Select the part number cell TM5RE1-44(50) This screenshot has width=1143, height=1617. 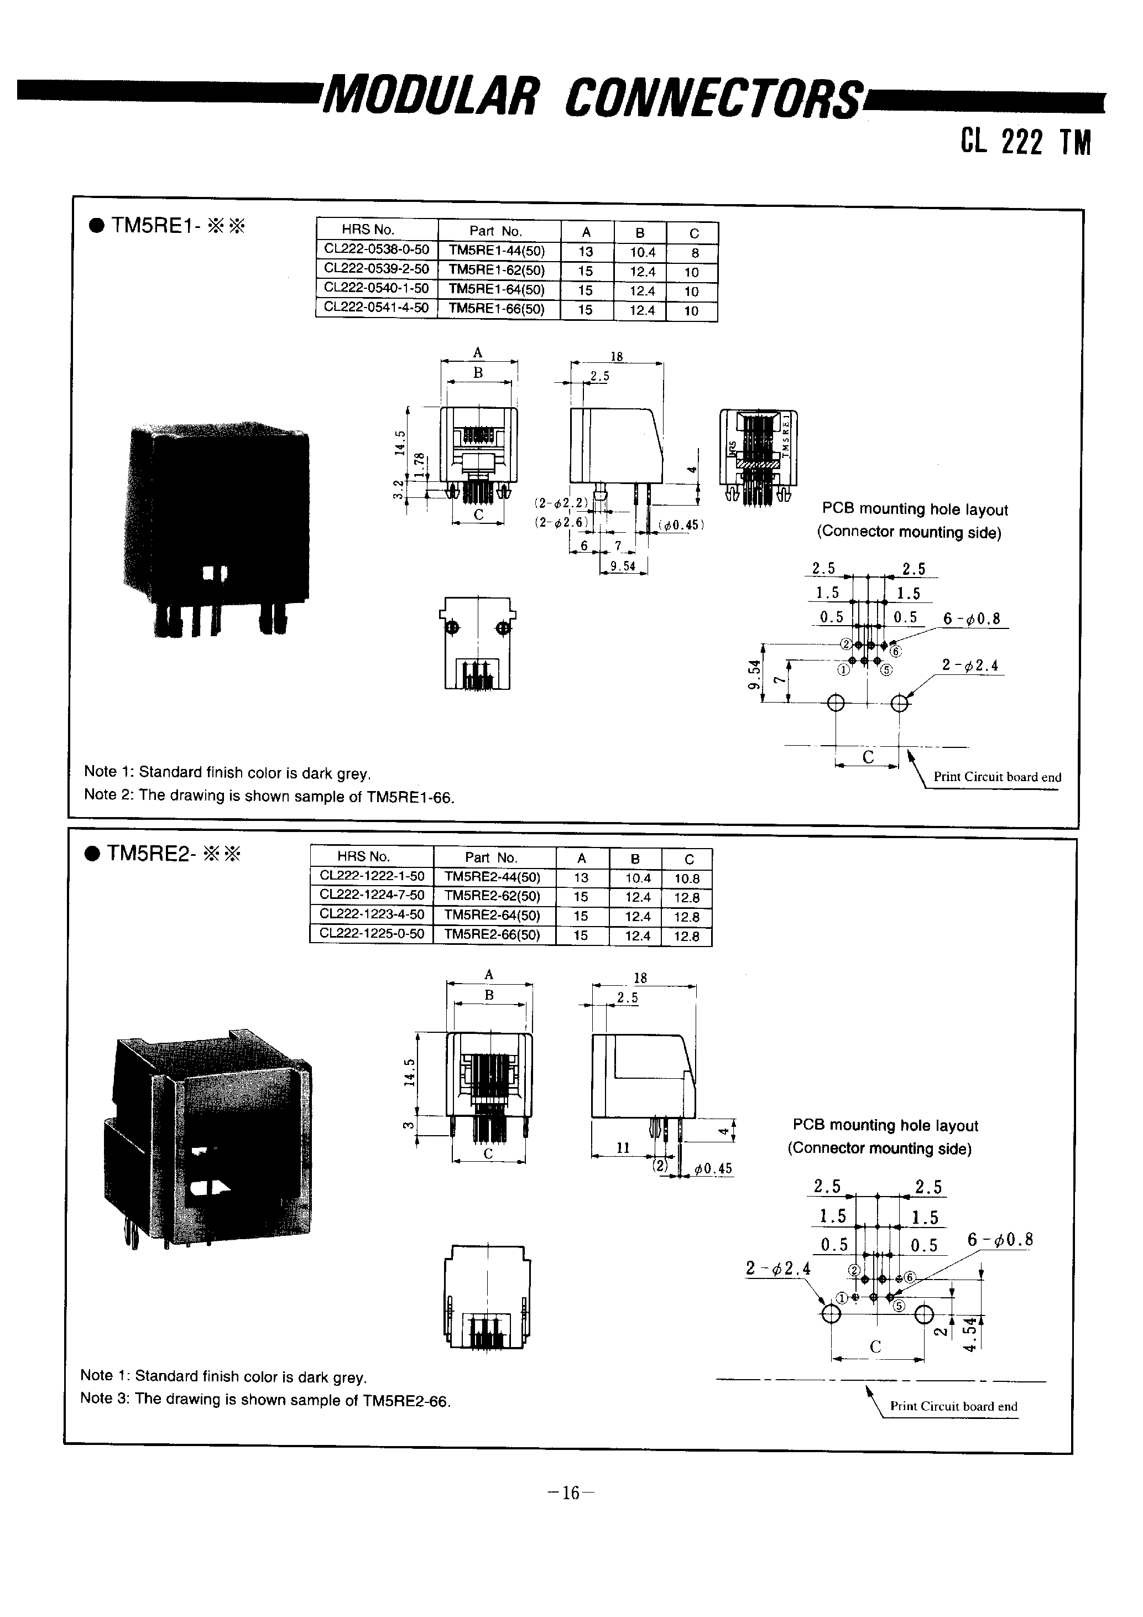tap(497, 251)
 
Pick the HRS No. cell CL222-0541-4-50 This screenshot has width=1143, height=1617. tap(376, 308)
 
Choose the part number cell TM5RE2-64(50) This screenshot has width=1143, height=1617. tap(493, 916)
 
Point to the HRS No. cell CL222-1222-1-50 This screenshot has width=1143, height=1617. tap(372, 876)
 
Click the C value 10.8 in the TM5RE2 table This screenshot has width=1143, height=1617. tap(687, 878)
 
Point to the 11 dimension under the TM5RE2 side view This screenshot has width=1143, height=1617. tap(623, 1148)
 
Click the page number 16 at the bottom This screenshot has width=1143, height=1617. tap(571, 1493)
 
